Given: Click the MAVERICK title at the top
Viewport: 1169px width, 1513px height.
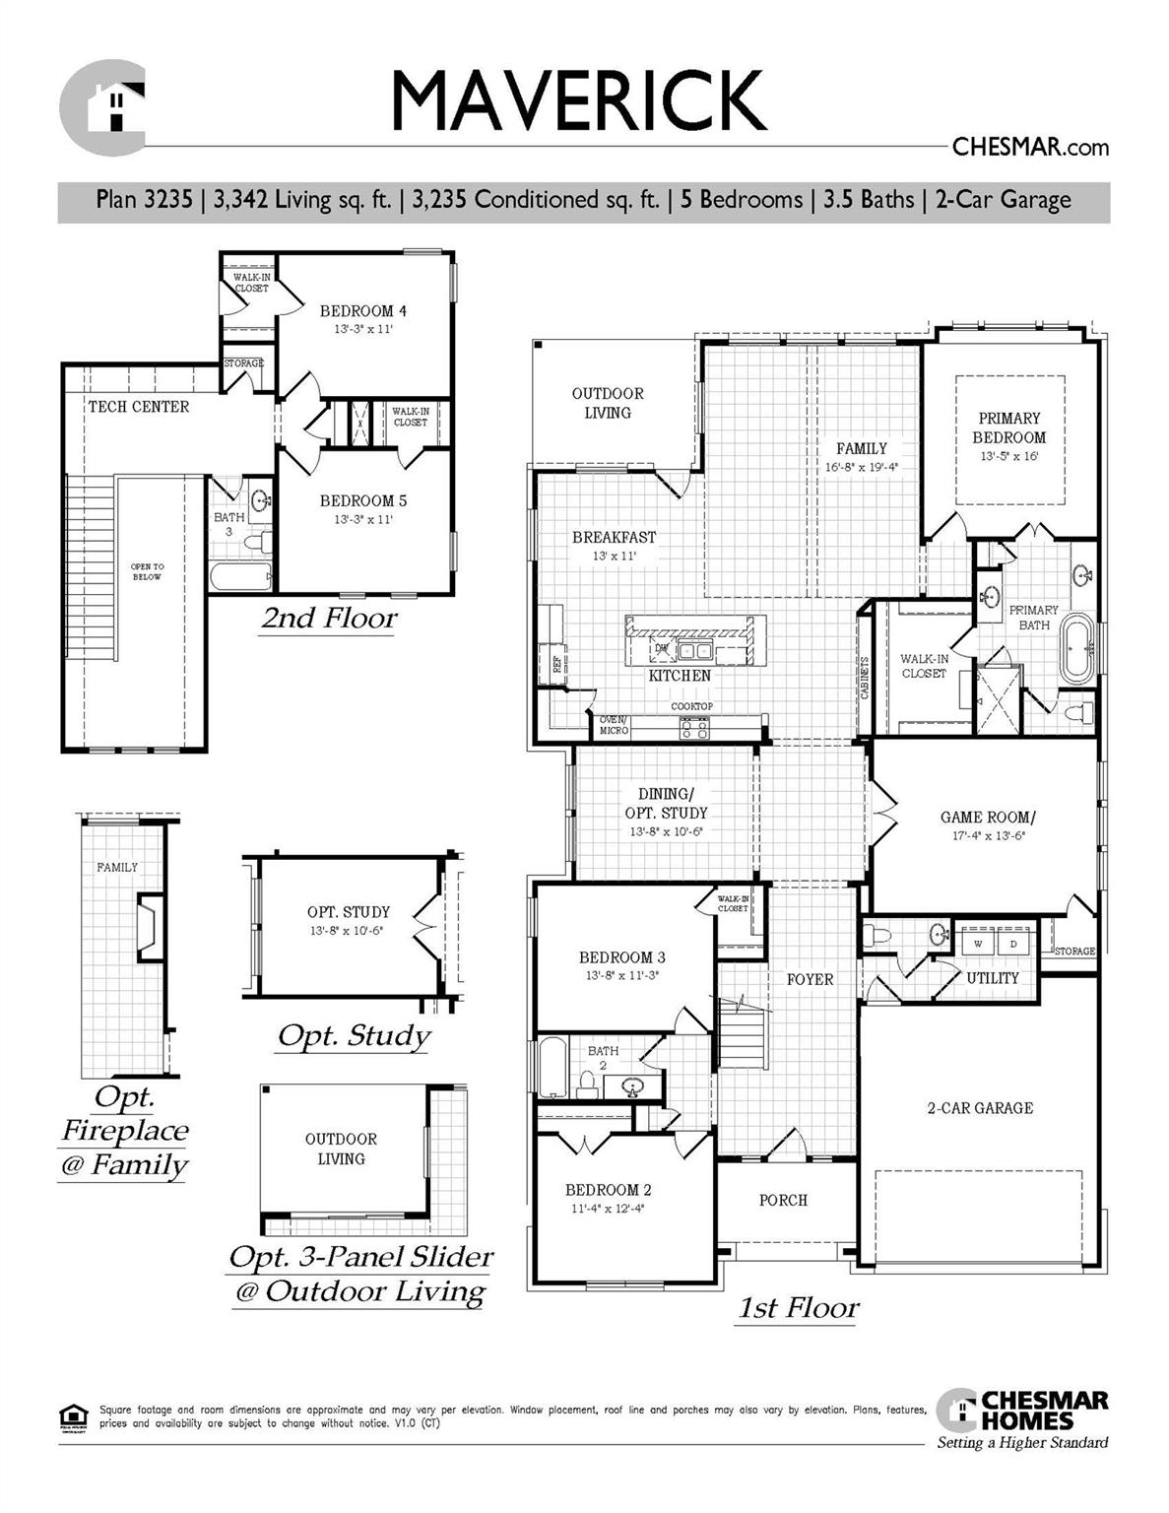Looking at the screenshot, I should (578, 100).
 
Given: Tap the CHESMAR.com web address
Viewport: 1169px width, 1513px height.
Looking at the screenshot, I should (1030, 148).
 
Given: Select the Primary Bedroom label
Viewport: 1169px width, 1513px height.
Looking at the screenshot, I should (1008, 428).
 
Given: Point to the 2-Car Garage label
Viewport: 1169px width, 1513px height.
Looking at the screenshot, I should (980, 1108).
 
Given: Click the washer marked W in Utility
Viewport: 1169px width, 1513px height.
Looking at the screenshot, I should (978, 943).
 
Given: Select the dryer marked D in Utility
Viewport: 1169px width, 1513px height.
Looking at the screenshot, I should (1013, 943).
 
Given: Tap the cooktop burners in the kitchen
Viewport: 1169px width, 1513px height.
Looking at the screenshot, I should (693, 728).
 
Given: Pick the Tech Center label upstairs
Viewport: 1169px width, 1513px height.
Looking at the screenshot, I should (139, 406).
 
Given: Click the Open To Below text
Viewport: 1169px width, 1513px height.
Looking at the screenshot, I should (148, 571).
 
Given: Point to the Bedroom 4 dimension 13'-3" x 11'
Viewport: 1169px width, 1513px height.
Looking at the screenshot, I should (363, 329).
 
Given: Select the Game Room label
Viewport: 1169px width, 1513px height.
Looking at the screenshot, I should (988, 817).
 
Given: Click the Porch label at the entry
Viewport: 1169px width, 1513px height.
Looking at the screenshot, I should (783, 1200).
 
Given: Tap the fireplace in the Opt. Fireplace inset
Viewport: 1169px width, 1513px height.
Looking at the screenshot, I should (149, 927).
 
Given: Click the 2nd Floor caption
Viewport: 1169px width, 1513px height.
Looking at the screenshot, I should (329, 619).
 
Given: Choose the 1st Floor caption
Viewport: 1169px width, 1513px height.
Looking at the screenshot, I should (798, 1308).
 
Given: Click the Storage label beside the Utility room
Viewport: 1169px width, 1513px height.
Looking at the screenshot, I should (1074, 951).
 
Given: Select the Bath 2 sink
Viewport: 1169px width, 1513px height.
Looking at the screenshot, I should (631, 1087).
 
